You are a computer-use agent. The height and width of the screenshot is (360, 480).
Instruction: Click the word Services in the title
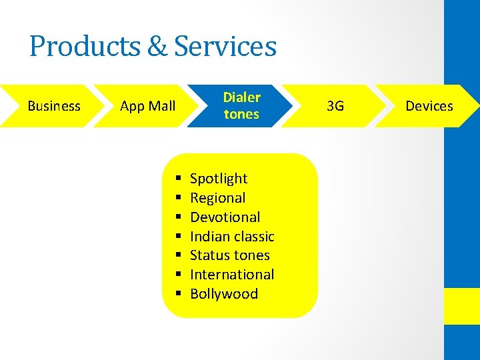(225, 47)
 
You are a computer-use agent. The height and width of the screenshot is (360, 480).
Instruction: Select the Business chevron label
(54, 106)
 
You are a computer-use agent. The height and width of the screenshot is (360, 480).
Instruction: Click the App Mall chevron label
(147, 106)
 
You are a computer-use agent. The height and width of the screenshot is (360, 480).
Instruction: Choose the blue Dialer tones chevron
(241, 106)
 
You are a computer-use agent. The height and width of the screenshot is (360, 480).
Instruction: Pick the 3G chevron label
(335, 106)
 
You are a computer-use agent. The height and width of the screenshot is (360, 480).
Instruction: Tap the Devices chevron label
(429, 106)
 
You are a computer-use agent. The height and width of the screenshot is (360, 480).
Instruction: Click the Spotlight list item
(219, 179)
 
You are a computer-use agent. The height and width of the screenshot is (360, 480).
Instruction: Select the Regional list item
(217, 198)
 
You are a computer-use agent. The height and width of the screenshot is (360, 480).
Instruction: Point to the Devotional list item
(225, 217)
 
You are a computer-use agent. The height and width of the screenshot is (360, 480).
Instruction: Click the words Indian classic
(232, 237)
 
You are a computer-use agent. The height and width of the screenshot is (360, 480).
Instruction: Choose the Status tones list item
(229, 255)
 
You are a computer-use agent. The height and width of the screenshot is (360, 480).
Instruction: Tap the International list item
(232, 275)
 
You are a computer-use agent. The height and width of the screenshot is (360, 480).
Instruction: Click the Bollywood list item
(223, 294)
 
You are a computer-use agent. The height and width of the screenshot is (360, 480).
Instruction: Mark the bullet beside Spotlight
(179, 179)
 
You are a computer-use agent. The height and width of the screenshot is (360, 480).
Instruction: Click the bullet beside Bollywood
(179, 294)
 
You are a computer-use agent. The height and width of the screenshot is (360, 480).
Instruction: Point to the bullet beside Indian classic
(179, 237)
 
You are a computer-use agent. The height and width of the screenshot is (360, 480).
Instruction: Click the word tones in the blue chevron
(241, 115)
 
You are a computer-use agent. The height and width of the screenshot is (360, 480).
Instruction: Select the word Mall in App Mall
(162, 106)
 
